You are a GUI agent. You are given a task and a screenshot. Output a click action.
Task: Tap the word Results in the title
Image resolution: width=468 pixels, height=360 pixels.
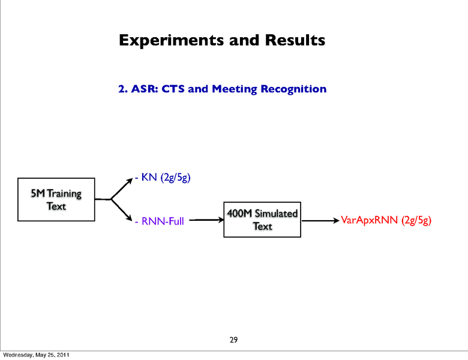pyautogui.click(x=293, y=40)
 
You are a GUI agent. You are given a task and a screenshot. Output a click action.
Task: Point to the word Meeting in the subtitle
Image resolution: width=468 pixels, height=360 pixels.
pyautogui.click(x=235, y=89)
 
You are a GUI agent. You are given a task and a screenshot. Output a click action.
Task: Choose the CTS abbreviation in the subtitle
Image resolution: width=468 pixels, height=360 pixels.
pyautogui.click(x=173, y=89)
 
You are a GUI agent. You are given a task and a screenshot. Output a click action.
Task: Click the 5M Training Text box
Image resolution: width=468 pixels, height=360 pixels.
pyautogui.click(x=56, y=199)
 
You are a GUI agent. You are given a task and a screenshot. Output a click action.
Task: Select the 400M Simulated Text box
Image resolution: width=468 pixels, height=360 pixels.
pyautogui.click(x=262, y=220)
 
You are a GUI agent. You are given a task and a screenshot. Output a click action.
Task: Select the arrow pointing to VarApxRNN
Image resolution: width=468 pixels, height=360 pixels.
pyautogui.click(x=320, y=221)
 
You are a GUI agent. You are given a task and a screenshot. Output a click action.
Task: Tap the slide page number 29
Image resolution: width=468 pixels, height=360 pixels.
pyautogui.click(x=234, y=340)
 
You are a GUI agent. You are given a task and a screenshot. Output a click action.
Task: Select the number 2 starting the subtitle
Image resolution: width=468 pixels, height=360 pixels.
pyautogui.click(x=121, y=89)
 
